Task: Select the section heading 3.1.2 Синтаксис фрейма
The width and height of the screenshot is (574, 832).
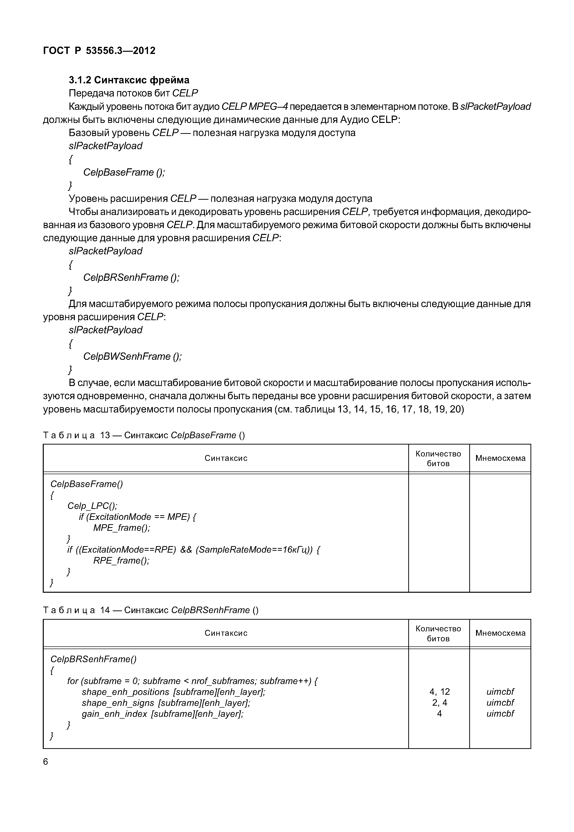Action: point(129,80)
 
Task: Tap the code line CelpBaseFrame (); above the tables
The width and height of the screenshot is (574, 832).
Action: point(124,172)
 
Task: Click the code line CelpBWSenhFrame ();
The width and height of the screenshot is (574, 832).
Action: point(132,356)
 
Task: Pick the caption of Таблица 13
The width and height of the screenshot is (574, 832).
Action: point(144,435)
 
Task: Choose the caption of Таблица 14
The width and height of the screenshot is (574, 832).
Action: point(151,610)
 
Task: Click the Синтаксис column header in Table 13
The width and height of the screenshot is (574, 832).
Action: point(226,458)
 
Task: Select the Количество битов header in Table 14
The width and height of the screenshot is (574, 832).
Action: point(438,634)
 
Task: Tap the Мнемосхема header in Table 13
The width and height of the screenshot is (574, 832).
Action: point(500,458)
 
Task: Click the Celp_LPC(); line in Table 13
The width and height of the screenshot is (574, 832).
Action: point(92,506)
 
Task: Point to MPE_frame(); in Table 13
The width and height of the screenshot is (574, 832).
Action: point(122,528)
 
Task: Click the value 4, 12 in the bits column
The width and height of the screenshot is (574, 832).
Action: point(439,692)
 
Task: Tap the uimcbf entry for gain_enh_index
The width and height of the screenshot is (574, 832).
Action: point(500,714)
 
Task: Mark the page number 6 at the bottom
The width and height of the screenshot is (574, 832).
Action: point(45,762)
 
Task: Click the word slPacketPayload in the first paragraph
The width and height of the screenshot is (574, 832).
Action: point(495,107)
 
